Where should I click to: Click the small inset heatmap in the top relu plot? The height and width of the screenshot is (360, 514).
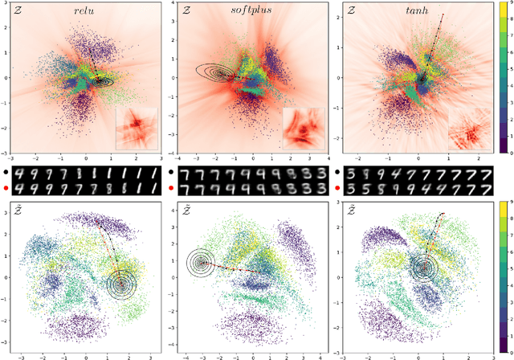click(138, 128)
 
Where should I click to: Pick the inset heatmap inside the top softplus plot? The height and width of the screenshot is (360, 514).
click(304, 128)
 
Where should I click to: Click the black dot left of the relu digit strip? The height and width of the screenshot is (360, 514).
click(6, 173)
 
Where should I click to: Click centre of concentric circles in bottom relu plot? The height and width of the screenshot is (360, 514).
click(121, 283)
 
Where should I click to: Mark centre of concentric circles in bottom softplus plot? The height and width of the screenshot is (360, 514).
click(200, 262)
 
